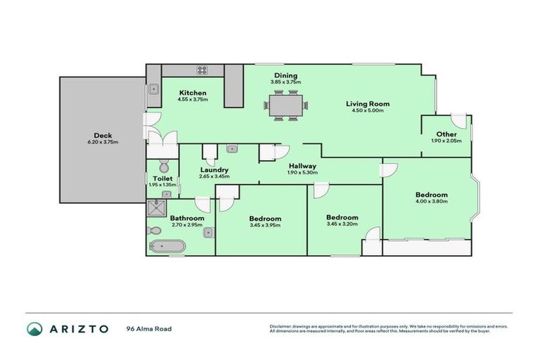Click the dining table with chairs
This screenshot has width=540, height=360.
pos(285,107)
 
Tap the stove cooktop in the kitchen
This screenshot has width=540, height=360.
pos(202,70)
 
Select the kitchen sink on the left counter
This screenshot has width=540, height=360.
pos(153,89)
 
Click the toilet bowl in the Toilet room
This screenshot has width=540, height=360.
pos(164,167)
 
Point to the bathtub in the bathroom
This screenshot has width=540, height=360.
pos(167,246)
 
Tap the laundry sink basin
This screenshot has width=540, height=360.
pos(231,149)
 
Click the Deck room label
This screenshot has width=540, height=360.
pos(103,136)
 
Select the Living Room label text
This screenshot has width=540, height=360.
pos(367,104)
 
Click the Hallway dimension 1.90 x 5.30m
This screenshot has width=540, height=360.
pos(303,172)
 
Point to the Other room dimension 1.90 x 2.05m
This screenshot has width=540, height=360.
pos(446,141)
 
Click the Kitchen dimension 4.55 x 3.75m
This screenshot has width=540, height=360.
pos(192,99)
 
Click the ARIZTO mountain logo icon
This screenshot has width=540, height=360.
pos(34,329)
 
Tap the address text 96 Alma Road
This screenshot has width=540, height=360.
pos(148,328)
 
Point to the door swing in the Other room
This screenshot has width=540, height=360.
pos(458,120)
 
